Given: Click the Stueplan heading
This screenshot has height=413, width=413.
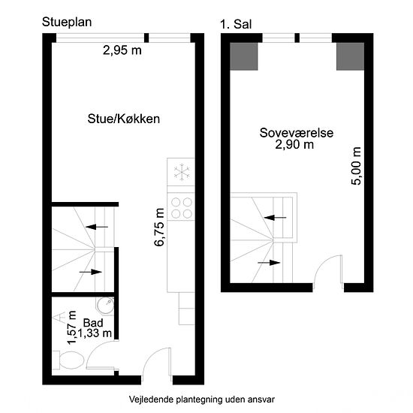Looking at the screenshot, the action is pos(67,22).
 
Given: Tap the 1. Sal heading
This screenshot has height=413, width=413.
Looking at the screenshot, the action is pos(236,25).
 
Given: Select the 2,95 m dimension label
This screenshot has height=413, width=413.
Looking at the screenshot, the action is pos(122,50).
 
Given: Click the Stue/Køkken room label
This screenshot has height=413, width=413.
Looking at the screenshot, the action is pos(124,119).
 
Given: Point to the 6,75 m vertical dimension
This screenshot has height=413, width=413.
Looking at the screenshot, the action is pos(160,227).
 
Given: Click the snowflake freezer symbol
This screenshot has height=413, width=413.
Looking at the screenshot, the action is pos(181,172).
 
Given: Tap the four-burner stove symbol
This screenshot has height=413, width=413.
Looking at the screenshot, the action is pos(182,208).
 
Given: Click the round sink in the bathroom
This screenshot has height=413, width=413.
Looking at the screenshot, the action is pos(105,306).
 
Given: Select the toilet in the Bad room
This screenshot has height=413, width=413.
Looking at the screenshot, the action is pos(68,360).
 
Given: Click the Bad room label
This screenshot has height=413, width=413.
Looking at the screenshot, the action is pos(93,323).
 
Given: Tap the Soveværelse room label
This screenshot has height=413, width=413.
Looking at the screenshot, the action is pos(297,133).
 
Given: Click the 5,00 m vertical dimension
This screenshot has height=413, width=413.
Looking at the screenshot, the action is pos(356,166).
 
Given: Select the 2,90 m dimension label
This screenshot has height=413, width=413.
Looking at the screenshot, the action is pos(294,144).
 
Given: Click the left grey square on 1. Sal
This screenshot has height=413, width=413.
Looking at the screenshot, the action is pos(243,56).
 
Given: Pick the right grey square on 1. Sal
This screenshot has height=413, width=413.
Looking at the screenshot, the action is pos(351,56).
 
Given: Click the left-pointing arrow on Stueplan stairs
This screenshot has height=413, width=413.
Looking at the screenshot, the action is pos(97,227).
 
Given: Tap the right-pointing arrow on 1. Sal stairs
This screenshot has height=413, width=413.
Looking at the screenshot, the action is pos(269,263).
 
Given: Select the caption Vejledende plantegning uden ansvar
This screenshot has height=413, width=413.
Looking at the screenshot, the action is pos(202,399).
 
